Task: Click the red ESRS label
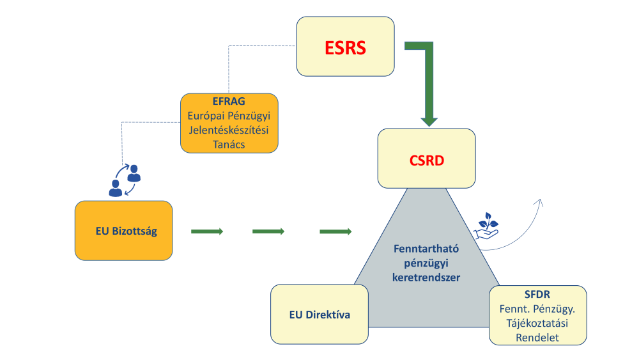pos(345,47)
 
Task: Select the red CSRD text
pos(426,160)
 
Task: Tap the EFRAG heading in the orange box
pos(229,102)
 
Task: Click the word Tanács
pos(229,145)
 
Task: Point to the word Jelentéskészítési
pos(229,130)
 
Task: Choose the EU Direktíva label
pos(319,315)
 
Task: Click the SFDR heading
pos(537,295)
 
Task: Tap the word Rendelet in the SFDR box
pos(537,337)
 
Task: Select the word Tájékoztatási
pos(537,323)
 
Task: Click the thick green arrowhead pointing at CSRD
pos(429,120)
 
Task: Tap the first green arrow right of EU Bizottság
pos(207,231)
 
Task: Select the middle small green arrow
pos(268,231)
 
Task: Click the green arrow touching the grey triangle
pos(335,231)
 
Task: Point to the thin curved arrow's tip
pos(540,201)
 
